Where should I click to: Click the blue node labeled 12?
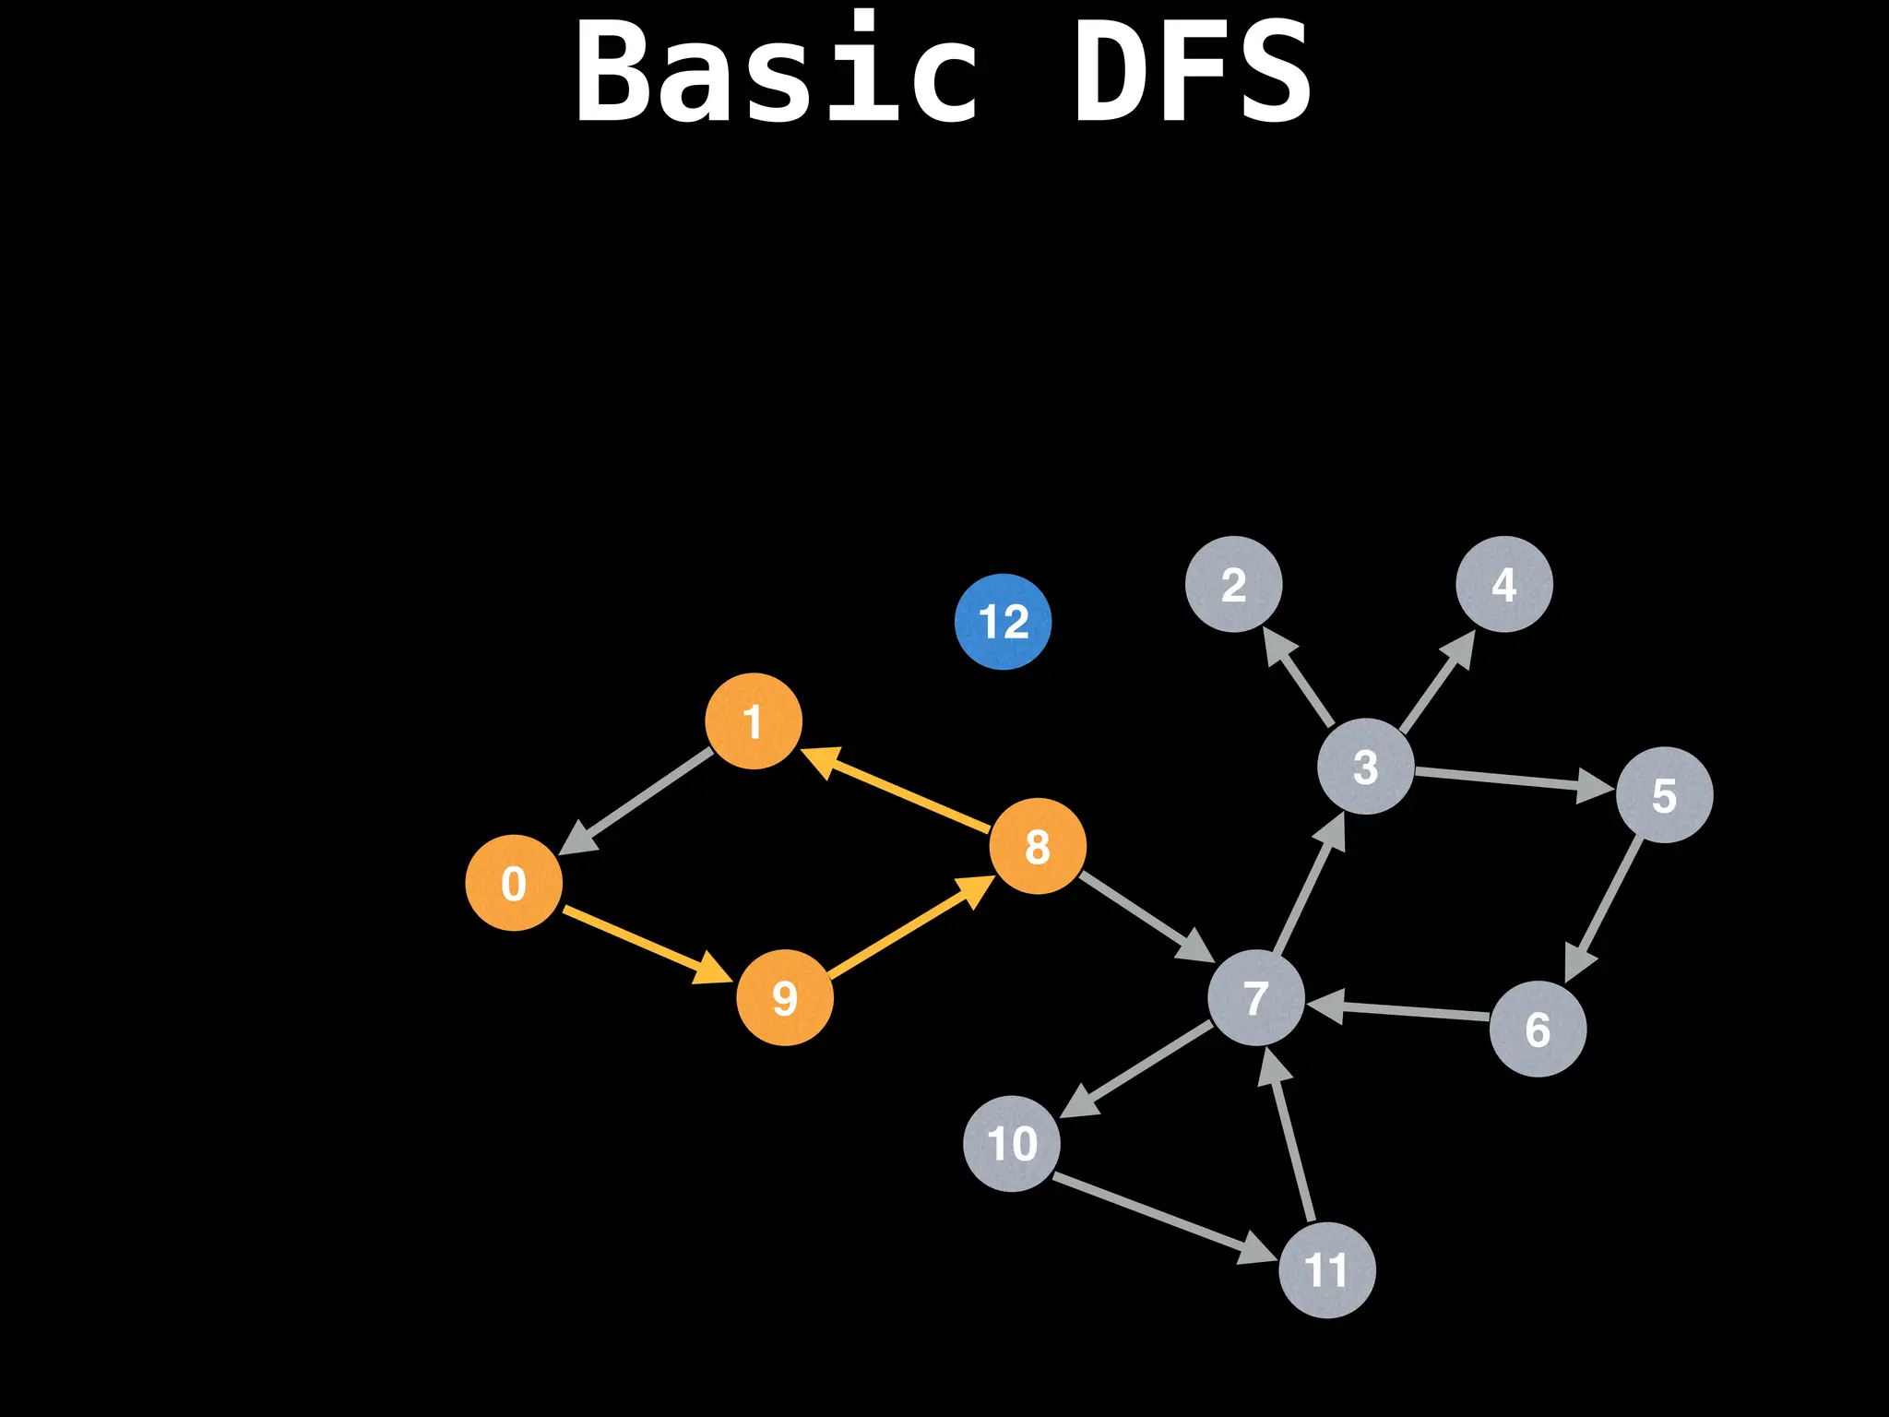coord(1003,621)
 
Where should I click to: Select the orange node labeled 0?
coord(514,883)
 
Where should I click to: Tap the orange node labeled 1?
coord(754,720)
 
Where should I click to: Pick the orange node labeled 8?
coord(1038,846)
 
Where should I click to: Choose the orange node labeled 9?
coord(785,997)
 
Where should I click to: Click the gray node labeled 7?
coord(1256,997)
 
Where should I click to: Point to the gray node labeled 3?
coord(1365,766)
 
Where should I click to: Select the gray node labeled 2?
coord(1234,584)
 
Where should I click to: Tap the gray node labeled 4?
coord(1504,584)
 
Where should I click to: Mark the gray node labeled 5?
coord(1665,794)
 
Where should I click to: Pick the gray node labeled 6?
coord(1538,1029)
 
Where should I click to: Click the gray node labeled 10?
coord(1012,1144)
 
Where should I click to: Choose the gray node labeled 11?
coord(1327,1270)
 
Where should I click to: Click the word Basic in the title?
coord(777,72)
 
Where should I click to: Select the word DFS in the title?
coord(1192,72)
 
